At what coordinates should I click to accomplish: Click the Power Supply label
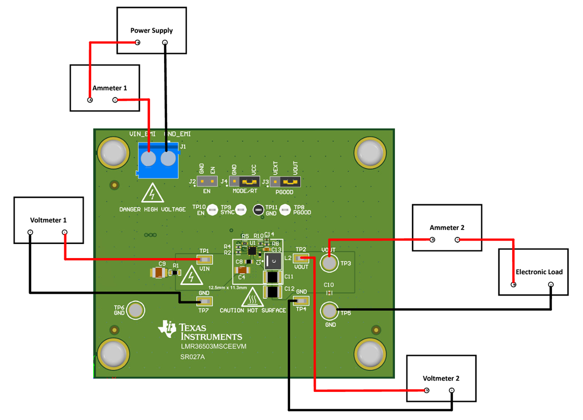(x=151, y=31)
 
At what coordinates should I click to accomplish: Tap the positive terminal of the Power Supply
(x=137, y=43)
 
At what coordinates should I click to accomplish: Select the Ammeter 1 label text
(x=109, y=88)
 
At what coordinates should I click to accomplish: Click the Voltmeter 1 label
(x=49, y=220)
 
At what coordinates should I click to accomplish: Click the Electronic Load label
(x=533, y=272)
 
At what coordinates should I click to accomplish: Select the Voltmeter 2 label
(x=441, y=378)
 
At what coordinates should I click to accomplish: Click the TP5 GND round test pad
(x=329, y=310)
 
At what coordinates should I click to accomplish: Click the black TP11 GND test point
(x=258, y=210)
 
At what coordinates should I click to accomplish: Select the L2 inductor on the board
(x=273, y=262)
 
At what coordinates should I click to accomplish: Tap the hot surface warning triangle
(x=253, y=297)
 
